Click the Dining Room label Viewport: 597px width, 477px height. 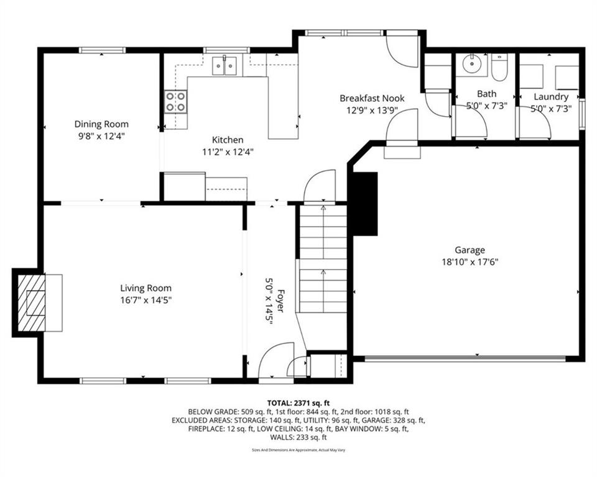pos(101,124)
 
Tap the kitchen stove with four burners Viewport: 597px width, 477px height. pos(175,102)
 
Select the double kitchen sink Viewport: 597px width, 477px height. pos(224,66)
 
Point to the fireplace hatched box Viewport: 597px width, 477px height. pos(32,302)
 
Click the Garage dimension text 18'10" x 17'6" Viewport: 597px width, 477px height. pos(470,262)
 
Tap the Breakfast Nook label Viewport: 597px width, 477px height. pos(372,98)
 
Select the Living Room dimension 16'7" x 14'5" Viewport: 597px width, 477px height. pos(146,300)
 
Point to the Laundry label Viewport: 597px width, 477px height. pos(551,97)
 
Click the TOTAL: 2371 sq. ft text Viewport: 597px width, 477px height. pos(298,403)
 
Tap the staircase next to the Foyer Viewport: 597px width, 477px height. pos(323,258)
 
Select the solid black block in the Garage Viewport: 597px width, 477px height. pos(366,204)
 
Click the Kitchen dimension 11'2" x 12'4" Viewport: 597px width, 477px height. pos(228,152)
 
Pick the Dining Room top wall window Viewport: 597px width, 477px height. pos(102,50)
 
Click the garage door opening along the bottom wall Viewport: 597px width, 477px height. pos(465,358)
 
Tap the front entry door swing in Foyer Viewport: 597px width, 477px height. pos(276,360)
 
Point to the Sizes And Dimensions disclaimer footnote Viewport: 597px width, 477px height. pos(298,450)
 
